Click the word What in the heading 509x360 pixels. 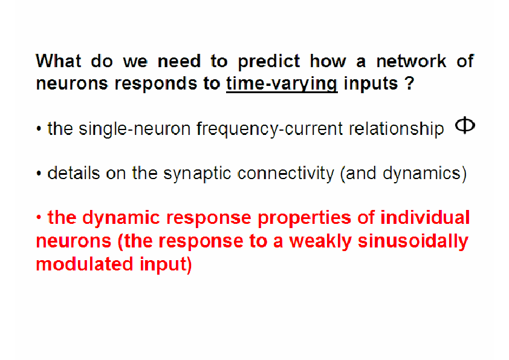(59, 61)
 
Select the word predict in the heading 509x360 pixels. (269, 62)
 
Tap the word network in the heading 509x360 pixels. (411, 61)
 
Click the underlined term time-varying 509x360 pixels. (282, 83)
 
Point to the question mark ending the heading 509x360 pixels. (410, 83)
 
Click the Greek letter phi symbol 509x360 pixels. (465, 125)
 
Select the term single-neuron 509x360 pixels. (135, 129)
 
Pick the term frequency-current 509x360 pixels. (270, 129)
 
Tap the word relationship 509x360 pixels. (396, 129)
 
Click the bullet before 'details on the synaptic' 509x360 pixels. (39, 174)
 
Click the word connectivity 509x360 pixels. (286, 174)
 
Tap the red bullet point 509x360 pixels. (39, 218)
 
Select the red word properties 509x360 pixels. (305, 218)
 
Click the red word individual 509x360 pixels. (425, 217)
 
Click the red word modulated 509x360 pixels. (85, 264)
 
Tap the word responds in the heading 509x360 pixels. (156, 84)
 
